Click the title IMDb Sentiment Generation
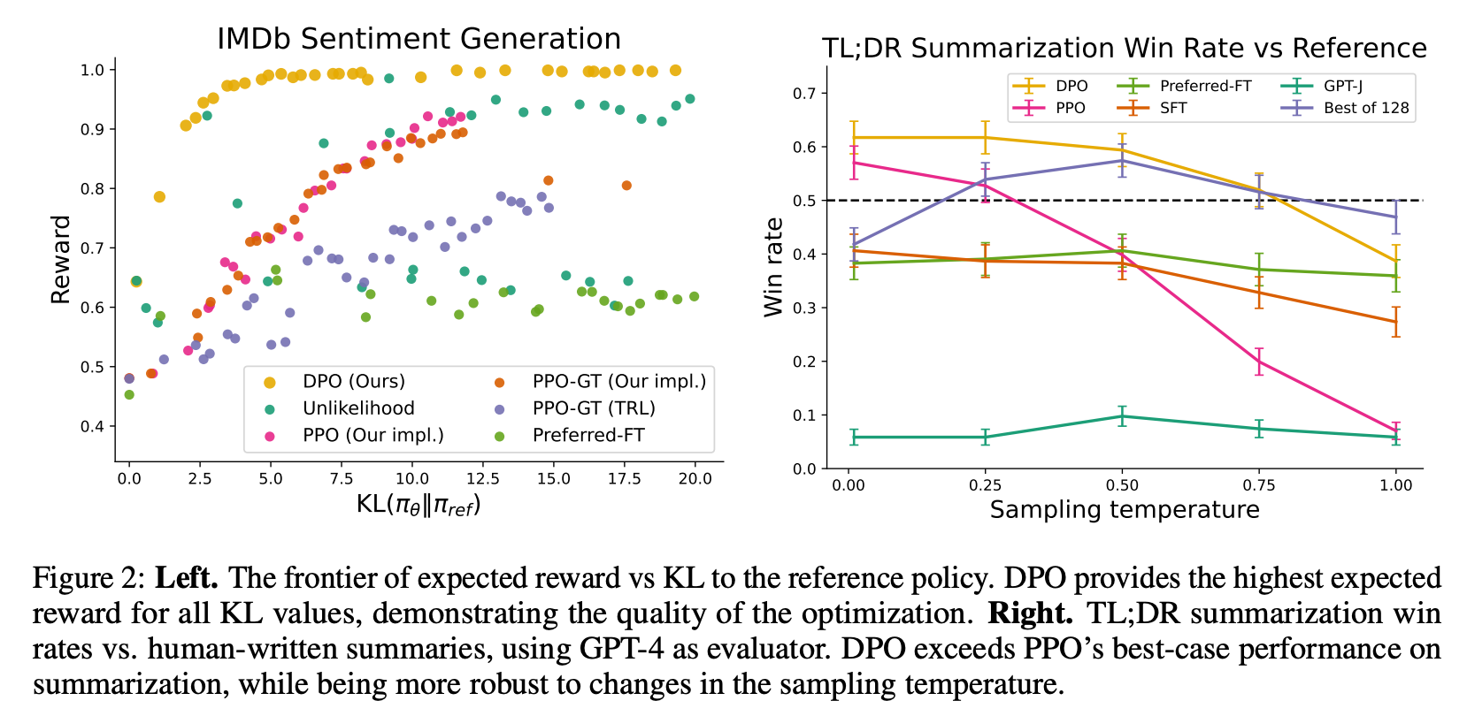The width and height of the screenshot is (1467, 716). [419, 39]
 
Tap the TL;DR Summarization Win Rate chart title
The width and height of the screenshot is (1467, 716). [1124, 48]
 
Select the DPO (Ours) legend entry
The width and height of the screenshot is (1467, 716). [353, 381]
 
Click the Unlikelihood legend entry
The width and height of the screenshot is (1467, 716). [358, 408]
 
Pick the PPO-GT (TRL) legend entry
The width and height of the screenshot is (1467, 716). [593, 408]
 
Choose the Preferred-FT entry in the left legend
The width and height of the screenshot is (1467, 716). [588, 435]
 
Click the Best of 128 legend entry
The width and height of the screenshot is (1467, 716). [1365, 108]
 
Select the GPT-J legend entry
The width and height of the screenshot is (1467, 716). [1342, 86]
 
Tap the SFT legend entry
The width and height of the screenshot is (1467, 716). [1173, 108]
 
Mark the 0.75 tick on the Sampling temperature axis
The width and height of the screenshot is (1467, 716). [1259, 484]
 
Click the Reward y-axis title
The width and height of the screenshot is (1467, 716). [60, 259]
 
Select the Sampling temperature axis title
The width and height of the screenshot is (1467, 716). [1124, 510]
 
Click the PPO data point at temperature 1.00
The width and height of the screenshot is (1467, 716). [1396, 431]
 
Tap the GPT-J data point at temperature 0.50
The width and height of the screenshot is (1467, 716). [1122, 416]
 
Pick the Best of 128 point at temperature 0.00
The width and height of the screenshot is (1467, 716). [853, 244]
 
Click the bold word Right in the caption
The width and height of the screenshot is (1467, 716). [1029, 613]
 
